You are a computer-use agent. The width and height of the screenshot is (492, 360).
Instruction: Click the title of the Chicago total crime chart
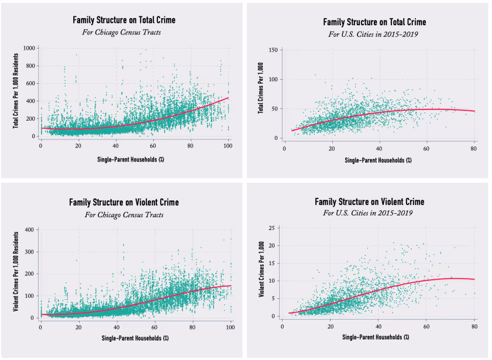pyautogui.click(x=123, y=20)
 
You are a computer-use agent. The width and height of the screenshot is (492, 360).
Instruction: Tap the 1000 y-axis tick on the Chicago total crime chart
pyautogui.click(x=29, y=49)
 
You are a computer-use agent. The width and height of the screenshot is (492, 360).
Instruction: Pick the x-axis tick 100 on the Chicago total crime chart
pyautogui.click(x=228, y=144)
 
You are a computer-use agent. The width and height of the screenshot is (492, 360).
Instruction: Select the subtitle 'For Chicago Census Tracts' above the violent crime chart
pyautogui.click(x=123, y=214)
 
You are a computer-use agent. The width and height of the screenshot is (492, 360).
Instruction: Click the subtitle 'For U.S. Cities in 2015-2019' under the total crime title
pyautogui.click(x=374, y=33)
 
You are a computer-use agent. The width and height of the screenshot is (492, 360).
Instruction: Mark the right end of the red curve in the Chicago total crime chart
pyautogui.click(x=228, y=98)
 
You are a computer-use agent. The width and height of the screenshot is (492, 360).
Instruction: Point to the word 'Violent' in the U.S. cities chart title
pyautogui.click(x=387, y=201)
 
